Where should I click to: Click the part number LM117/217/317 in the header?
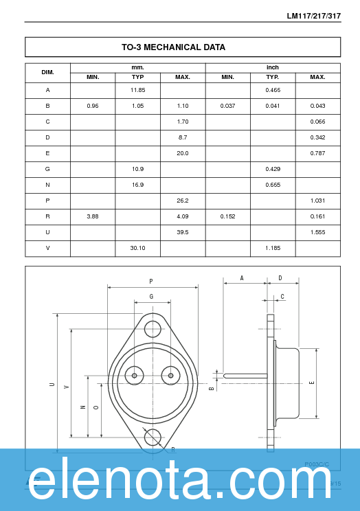point(313,16)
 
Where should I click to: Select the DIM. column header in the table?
point(47,72)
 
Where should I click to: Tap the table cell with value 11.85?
point(138,90)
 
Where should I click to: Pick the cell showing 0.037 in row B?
point(228,106)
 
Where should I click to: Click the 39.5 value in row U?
point(183,232)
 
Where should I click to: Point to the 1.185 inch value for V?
point(273,248)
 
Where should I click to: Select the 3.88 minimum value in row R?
point(93,216)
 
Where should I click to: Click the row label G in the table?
point(47,169)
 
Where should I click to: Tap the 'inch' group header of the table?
point(273,67)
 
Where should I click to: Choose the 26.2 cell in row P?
point(183,201)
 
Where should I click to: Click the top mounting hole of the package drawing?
point(153,329)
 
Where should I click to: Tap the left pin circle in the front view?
point(134,375)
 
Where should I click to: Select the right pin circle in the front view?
point(170,375)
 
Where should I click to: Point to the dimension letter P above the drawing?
point(151,281)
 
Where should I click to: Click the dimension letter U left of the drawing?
point(52,385)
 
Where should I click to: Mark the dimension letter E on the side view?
point(312,383)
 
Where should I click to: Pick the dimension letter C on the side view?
point(282,297)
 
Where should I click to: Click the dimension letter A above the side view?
point(242,278)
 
